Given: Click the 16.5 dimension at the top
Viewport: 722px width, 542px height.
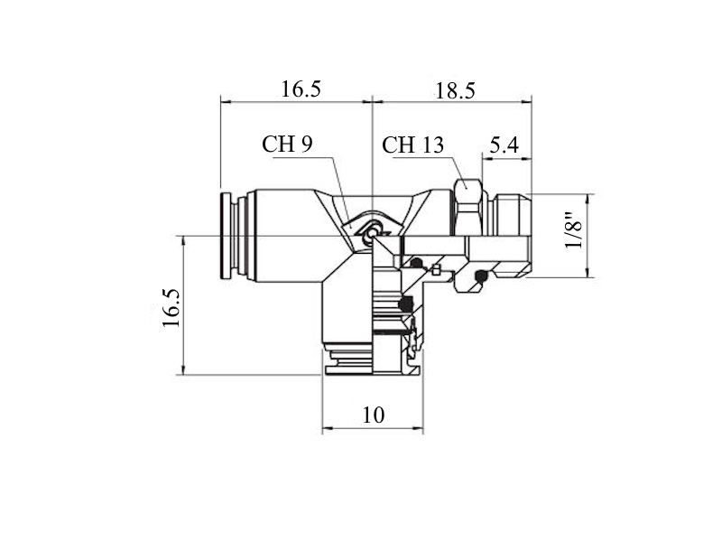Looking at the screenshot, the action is (x=301, y=89).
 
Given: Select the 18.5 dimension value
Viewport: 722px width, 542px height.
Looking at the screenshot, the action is (x=455, y=91).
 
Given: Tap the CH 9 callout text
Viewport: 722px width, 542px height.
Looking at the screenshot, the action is (x=287, y=145).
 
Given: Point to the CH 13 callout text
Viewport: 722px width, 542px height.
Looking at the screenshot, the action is (x=412, y=145).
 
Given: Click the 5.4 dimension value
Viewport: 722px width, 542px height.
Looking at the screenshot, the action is (x=504, y=145).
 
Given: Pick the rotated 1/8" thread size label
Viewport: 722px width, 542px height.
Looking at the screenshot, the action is (x=574, y=230).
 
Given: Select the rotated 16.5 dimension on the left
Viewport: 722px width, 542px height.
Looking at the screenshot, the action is (x=171, y=308).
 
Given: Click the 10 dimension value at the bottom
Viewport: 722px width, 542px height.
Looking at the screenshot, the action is (x=373, y=416).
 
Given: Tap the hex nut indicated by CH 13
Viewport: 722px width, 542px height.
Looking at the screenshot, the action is (x=470, y=208).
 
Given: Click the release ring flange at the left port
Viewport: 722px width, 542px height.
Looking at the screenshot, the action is (x=225, y=235).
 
